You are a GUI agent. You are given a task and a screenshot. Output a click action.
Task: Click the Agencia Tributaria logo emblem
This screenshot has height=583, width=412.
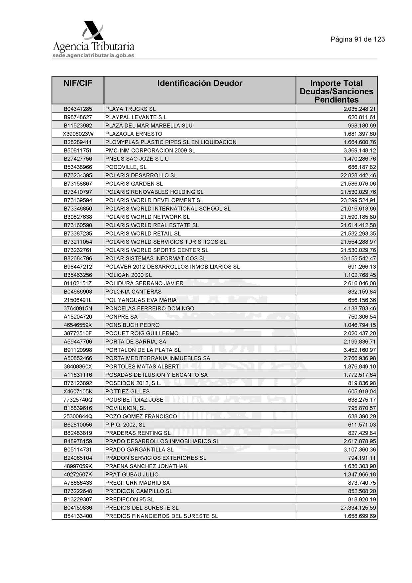click(x=93, y=31)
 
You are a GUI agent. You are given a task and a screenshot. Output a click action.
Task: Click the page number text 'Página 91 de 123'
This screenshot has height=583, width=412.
click(x=358, y=40)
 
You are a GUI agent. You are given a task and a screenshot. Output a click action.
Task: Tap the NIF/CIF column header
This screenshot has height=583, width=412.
click(x=78, y=83)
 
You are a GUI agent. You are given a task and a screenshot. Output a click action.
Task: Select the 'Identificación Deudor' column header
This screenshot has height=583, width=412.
click(x=200, y=83)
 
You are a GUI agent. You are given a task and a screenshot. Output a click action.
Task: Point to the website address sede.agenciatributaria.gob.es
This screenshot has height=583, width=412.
click(x=93, y=55)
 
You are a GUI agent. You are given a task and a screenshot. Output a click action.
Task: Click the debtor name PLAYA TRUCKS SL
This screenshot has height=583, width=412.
click(x=130, y=109)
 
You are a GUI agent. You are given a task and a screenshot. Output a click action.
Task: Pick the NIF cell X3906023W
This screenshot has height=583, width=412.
click(x=78, y=134)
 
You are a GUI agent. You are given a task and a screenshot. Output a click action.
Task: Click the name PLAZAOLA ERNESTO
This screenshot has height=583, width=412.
click(x=134, y=134)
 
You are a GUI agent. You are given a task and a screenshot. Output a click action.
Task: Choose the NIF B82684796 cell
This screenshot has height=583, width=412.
click(x=78, y=258)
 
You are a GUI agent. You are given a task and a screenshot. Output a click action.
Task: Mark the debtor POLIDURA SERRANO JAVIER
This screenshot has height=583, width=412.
click(x=144, y=283)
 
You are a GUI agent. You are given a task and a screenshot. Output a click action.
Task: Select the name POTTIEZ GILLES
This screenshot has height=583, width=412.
click(x=127, y=391)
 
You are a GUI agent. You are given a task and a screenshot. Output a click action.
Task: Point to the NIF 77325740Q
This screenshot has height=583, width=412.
click(x=78, y=400)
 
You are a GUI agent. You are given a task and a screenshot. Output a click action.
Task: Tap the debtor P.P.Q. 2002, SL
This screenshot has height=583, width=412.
click(x=125, y=425)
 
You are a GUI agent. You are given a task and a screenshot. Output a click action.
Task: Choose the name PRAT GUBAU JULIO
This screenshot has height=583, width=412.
click(x=132, y=474)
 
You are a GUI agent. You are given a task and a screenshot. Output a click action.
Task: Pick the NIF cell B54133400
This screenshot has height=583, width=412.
click(x=78, y=516)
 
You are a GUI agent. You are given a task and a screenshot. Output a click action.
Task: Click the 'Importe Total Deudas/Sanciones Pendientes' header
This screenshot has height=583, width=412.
click(x=336, y=91)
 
